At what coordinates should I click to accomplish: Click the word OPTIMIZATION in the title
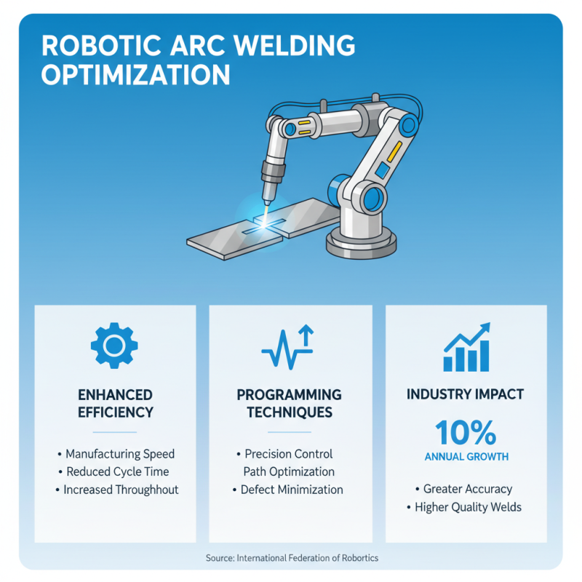(135, 76)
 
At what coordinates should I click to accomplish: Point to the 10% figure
(466, 434)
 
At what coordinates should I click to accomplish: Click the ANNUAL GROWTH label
(466, 457)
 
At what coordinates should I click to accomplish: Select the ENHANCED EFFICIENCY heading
(116, 403)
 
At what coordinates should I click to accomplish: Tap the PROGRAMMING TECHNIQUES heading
(289, 403)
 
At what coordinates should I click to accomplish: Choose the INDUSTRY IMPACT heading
(466, 395)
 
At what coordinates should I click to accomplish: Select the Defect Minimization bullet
(291, 490)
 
